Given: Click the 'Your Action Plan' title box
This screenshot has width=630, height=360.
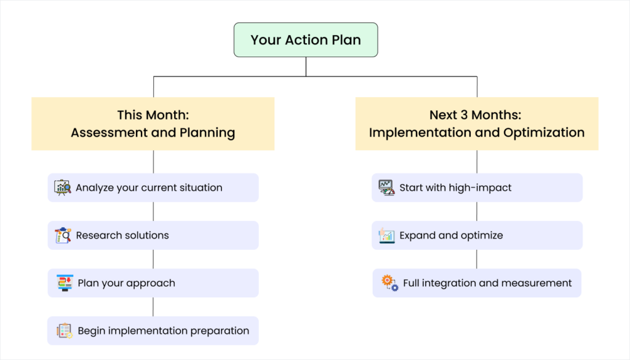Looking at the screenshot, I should (x=306, y=40).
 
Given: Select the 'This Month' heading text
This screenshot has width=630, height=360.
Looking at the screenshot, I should (x=153, y=115).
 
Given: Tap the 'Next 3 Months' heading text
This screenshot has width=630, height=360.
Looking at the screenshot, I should (x=476, y=115).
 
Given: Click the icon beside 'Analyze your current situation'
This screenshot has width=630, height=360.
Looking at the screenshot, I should (x=63, y=188).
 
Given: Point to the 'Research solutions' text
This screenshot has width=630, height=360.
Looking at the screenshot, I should (x=122, y=235).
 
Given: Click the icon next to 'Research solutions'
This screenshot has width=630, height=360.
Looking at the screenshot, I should (x=63, y=235).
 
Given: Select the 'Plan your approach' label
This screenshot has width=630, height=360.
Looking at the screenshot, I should (x=126, y=283).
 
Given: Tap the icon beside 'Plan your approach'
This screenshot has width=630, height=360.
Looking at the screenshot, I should (x=65, y=283).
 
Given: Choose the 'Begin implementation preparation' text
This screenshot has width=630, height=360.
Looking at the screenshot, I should (x=163, y=331).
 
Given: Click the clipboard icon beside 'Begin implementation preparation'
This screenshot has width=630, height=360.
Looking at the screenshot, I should (x=65, y=331).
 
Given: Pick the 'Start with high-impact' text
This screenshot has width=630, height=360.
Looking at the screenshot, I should (x=455, y=188).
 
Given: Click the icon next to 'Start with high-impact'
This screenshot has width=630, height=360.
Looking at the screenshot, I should (x=386, y=188).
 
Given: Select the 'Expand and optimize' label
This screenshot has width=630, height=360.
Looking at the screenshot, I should (x=451, y=235).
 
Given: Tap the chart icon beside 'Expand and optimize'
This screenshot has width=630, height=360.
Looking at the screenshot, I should (x=386, y=235).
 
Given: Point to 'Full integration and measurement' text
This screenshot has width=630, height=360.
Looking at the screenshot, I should (x=487, y=283).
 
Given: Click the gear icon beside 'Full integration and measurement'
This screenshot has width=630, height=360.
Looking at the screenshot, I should (x=389, y=283).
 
